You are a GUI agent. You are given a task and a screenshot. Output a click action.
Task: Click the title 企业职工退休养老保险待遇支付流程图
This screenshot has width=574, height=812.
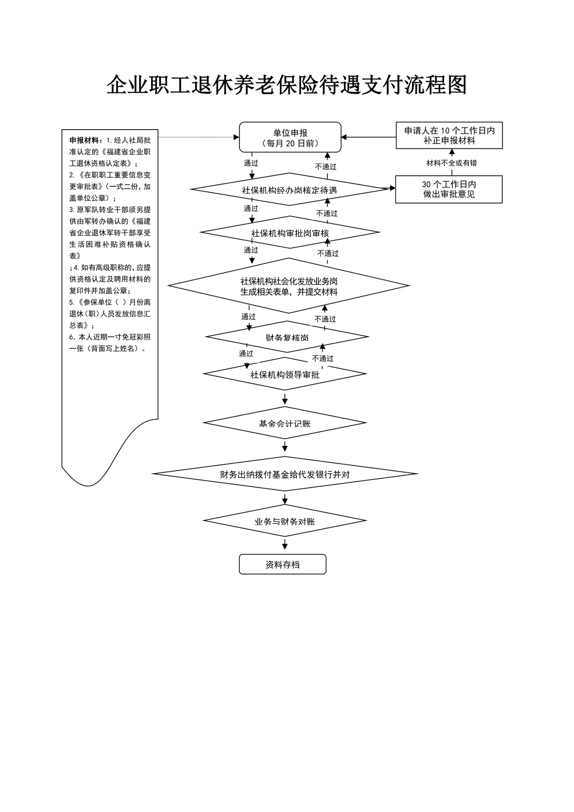[x=287, y=85]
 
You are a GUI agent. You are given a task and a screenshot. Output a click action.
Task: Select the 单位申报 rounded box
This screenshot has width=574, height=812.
[x=290, y=138]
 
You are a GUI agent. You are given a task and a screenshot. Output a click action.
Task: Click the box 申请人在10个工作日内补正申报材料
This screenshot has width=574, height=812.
[x=449, y=135]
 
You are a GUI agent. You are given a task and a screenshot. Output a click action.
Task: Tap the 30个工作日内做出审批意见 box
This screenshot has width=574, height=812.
[x=448, y=189]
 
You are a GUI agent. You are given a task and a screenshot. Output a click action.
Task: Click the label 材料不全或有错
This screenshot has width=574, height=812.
[x=451, y=163]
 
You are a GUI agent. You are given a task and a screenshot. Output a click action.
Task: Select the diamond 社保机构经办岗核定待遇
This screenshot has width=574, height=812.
[x=289, y=190]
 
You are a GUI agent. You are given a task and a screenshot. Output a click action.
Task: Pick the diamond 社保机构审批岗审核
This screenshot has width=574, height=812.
[x=290, y=233]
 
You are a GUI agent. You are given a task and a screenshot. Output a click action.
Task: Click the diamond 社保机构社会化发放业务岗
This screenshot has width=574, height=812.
[x=289, y=286]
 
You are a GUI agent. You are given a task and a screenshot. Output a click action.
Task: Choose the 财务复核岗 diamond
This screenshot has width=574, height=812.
[x=287, y=337]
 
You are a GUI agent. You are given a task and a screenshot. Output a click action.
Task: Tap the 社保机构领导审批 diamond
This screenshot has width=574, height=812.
[x=285, y=374]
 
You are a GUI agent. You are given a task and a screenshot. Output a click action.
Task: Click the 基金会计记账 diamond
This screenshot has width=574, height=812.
[x=285, y=423]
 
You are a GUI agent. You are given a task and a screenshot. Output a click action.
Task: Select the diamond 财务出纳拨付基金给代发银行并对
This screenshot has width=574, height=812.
[x=285, y=474]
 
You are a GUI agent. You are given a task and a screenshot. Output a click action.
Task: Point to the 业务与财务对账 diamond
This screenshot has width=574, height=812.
[x=285, y=521]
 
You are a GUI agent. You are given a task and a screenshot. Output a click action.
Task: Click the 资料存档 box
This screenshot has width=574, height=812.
[x=283, y=565]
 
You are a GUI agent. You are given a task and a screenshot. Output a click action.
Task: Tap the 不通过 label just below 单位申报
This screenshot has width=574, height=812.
[x=326, y=167]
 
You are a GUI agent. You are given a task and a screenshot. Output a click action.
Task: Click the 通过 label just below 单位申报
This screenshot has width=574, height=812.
[x=251, y=163]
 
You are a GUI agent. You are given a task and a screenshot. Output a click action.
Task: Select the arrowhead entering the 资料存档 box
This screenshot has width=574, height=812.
[x=285, y=547]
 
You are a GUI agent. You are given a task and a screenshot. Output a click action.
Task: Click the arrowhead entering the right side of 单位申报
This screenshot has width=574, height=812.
[x=345, y=137]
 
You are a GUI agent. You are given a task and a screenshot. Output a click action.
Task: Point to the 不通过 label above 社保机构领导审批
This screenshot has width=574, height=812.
[x=323, y=359]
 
